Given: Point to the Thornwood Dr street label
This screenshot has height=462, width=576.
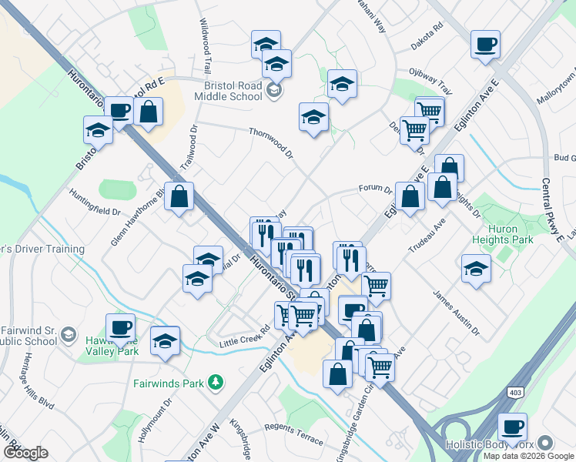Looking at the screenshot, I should [x=271, y=143].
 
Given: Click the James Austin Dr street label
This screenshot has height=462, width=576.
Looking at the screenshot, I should [x=456, y=314].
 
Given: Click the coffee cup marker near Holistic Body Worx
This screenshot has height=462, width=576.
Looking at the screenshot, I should [x=511, y=426].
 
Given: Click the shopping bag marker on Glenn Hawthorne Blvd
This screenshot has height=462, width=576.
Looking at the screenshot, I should [x=179, y=196].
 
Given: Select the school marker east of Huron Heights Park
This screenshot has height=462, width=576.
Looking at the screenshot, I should [x=476, y=269].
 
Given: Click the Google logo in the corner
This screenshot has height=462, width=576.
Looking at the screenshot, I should [x=25, y=453].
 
